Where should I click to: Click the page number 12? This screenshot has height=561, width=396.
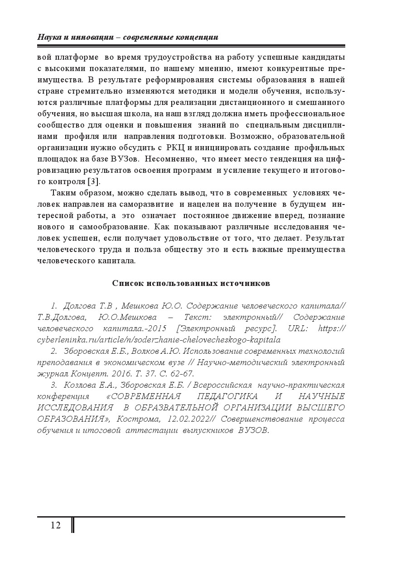(x=56, y=525)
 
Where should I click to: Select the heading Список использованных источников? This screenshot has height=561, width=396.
(x=191, y=283)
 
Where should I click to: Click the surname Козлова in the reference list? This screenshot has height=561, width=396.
(x=80, y=385)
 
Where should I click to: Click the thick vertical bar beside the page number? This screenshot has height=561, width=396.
(x=72, y=525)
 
